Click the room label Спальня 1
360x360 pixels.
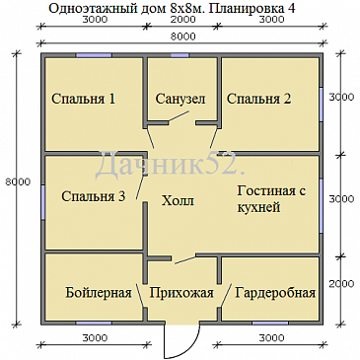[83, 99]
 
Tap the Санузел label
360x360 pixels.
[180, 99]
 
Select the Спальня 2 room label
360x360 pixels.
[258, 99]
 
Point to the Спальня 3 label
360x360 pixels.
[93, 196]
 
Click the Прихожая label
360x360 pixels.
[180, 293]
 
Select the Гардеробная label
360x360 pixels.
[276, 293]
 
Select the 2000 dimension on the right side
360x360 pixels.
[340, 284]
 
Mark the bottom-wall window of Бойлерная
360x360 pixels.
[94, 323]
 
